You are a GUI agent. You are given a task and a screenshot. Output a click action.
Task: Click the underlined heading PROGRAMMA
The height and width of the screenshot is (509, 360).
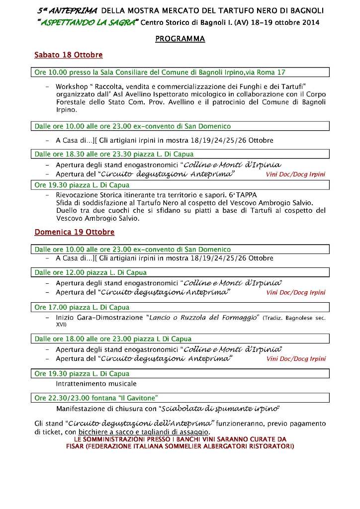[x=180, y=39]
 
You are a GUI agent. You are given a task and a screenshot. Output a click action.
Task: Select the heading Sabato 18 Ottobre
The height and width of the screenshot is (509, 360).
[x=69, y=55]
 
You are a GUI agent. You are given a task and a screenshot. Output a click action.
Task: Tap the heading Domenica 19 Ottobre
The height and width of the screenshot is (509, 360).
[x=74, y=232]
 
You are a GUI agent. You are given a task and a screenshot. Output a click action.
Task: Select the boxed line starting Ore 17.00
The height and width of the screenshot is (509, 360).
[x=82, y=307]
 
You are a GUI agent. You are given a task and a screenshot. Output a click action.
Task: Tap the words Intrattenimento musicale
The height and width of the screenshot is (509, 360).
[x=96, y=384]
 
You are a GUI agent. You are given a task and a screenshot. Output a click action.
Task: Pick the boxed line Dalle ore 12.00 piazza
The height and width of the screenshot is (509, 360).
[x=90, y=272]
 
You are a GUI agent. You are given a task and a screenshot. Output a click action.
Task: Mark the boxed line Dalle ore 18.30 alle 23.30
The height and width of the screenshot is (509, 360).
[x=114, y=154]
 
